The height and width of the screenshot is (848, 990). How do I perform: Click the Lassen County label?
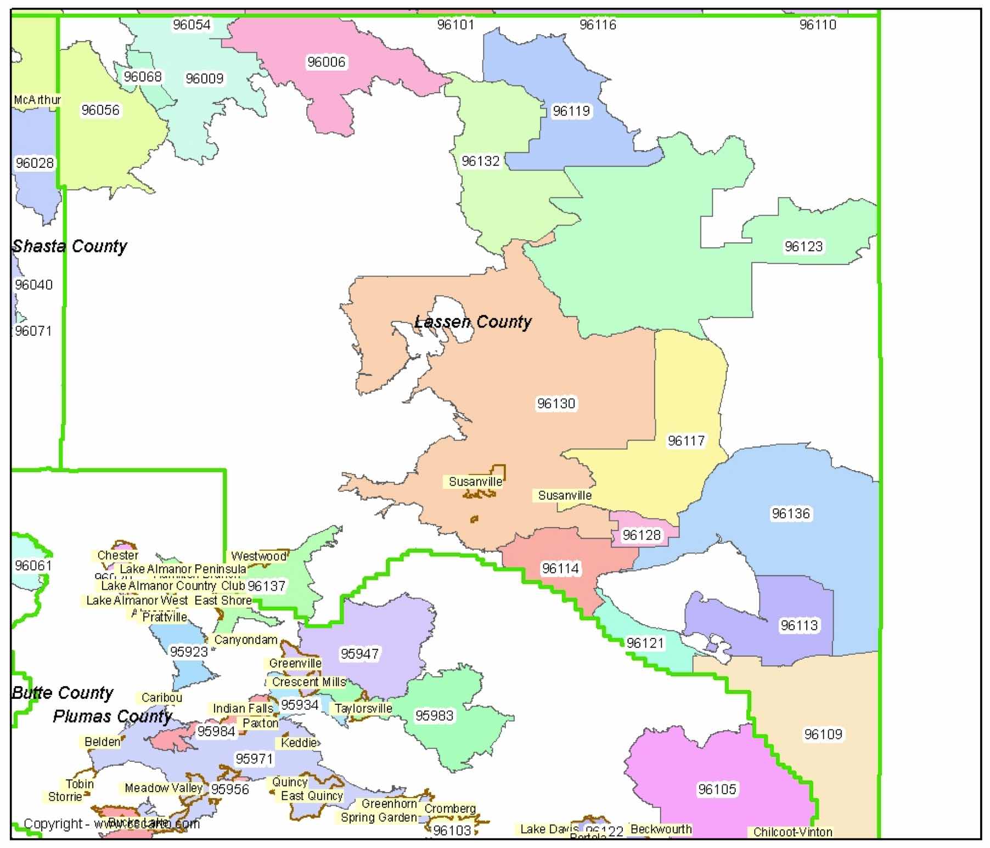473,321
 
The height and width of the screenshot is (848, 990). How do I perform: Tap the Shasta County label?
70,246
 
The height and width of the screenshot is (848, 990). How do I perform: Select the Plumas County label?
113,716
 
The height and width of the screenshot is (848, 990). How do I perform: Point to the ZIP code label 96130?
556,404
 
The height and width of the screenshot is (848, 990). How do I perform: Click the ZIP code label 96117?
686,440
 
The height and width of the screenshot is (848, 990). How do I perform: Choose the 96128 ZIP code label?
642,535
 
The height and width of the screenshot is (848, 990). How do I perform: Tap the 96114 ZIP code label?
560,569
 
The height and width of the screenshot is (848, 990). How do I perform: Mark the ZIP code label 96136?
790,513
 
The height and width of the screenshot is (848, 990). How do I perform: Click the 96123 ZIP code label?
803,246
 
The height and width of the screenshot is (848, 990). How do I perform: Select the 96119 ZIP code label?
571,111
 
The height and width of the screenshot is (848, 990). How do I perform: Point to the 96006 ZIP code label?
327,62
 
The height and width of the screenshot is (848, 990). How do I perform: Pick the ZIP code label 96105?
717,789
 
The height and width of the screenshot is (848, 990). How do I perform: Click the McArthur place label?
37,100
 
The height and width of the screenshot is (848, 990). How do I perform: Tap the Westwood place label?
258,556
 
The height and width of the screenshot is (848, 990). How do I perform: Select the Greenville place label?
295,663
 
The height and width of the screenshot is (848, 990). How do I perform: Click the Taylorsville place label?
363,708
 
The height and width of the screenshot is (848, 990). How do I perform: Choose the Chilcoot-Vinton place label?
792,832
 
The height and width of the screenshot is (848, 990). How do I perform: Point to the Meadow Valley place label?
164,788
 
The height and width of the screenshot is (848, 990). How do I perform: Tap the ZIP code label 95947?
359,654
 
